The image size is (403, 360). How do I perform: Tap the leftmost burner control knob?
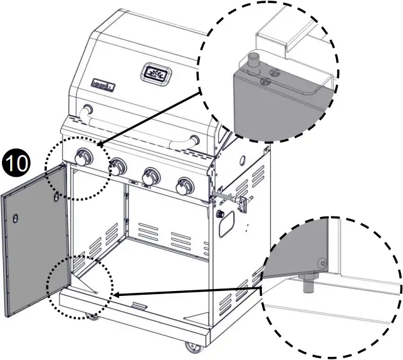(85, 157)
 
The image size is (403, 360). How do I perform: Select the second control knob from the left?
(118, 167)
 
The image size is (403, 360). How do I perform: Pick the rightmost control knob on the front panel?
(185, 185)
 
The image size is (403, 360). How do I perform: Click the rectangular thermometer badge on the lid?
(154, 74)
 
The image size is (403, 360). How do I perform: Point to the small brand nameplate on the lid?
(102, 82)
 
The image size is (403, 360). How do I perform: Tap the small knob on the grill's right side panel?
(220, 214)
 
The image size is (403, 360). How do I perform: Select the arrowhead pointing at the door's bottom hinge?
(117, 294)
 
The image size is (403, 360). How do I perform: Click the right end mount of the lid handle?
(196, 140)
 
